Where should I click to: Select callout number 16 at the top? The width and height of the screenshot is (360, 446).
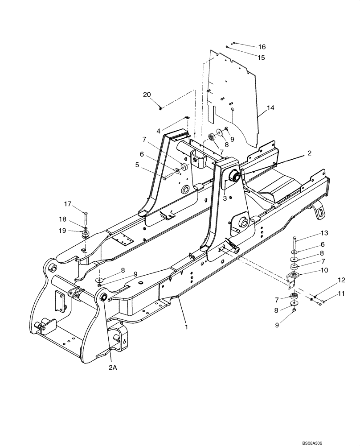[x=262, y=47]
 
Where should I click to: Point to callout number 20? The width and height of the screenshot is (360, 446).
[x=147, y=95]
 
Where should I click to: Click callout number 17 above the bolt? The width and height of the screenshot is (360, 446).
[x=67, y=204]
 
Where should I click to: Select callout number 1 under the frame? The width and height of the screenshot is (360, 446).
[x=186, y=327]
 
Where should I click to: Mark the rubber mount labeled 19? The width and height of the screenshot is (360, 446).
[x=85, y=235]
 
